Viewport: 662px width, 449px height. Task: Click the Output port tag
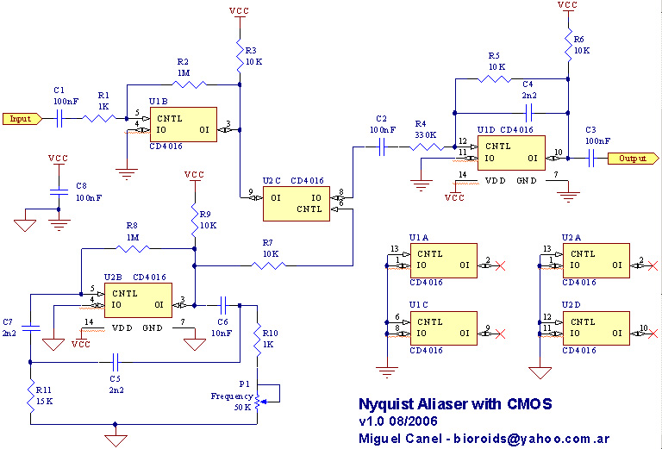click(628, 158)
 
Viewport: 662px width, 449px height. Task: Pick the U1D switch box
click(509, 152)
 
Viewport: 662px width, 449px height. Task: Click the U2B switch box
click(137, 298)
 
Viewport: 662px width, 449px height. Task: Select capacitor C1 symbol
click(59, 119)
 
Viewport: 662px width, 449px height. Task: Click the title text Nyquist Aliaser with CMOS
click(454, 403)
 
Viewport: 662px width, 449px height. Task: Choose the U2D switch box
click(596, 327)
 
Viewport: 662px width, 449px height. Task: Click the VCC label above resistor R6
click(567, 6)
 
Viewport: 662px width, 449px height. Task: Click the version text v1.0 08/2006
click(398, 421)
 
